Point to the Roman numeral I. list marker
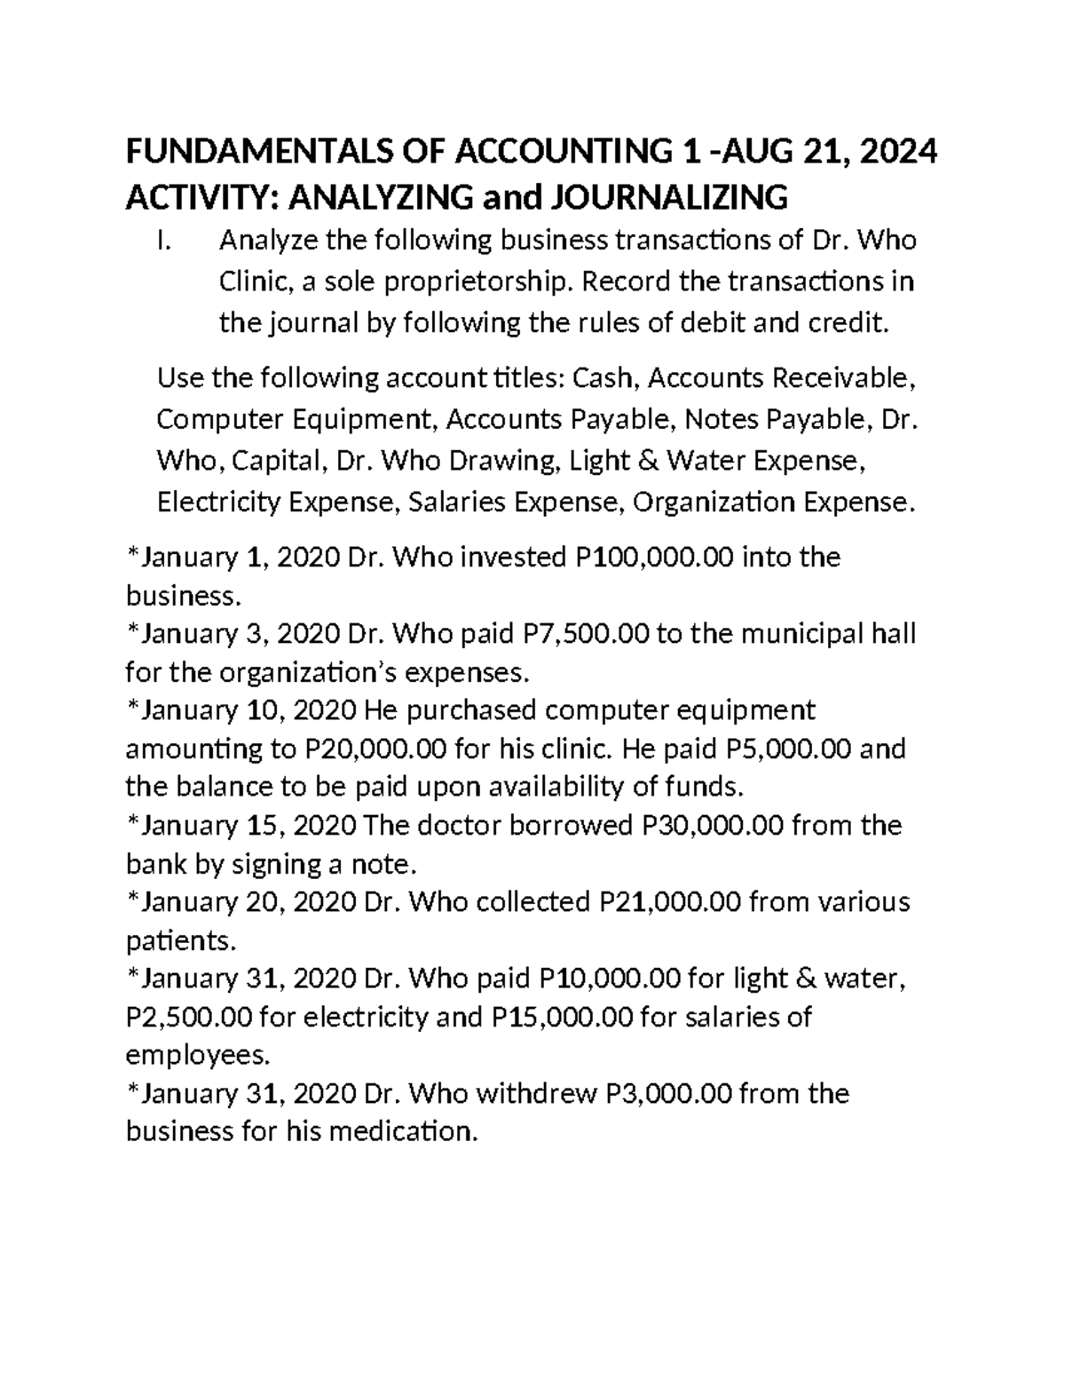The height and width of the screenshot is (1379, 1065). coord(162,242)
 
